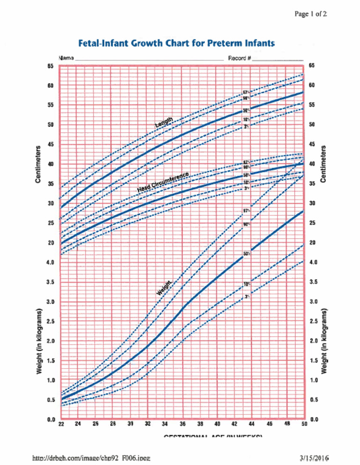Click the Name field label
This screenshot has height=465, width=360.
(x=67, y=58)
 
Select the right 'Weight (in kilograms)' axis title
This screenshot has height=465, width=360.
(x=324, y=340)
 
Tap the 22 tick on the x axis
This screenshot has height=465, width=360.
(x=61, y=425)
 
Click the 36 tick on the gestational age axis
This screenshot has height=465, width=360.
(x=183, y=424)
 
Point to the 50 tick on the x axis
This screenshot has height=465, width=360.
(x=304, y=425)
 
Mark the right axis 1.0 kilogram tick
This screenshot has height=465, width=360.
(x=315, y=380)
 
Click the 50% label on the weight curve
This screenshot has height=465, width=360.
(x=247, y=254)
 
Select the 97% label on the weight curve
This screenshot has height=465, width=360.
(x=247, y=211)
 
